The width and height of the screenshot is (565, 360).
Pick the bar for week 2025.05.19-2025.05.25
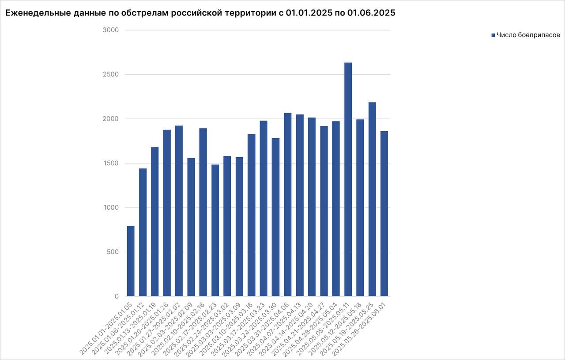click(x=372, y=199)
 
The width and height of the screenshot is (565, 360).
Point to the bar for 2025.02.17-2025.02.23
click(x=215, y=230)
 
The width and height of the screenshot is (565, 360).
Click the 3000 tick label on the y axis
click(x=111, y=30)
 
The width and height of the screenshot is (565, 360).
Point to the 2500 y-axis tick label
click(x=111, y=75)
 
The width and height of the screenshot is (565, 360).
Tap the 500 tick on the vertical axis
click(x=113, y=252)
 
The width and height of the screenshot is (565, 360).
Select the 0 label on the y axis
click(x=117, y=296)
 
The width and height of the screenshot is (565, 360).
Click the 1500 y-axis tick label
click(x=111, y=163)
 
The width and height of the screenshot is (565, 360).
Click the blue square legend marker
click(x=493, y=35)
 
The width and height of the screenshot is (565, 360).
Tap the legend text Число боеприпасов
click(x=528, y=35)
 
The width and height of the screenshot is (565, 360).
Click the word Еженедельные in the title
click(x=34, y=13)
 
